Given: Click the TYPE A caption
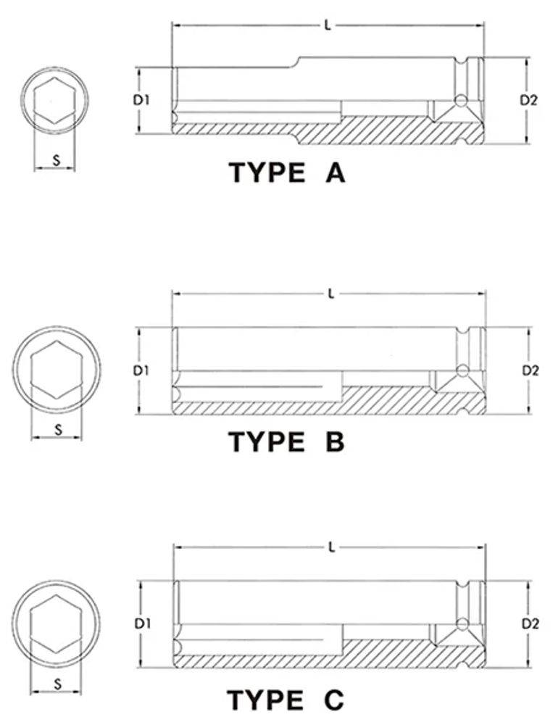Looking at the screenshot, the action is coord(287,173).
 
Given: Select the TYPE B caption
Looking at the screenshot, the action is coord(287,442).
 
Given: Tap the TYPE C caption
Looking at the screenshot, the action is coord(286,700).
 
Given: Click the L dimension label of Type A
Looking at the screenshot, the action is coord(328,26).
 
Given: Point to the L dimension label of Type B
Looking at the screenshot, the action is coord(330,294).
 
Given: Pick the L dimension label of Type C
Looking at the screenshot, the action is coord(331,548).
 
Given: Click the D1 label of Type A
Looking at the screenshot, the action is coord(141,99).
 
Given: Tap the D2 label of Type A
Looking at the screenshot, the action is coord(529,100).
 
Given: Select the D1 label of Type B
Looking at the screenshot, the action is coord(141,370).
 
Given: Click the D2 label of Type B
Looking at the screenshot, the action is coord(531,370).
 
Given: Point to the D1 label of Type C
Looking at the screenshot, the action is coord(142,623).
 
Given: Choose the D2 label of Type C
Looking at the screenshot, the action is coord(531,623).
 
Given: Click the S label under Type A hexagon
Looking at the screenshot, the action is coord(57,160).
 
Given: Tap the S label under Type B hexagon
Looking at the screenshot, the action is coord(58,429).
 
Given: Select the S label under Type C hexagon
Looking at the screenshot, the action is coord(57,684).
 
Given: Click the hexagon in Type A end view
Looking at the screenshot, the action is coord(34,101).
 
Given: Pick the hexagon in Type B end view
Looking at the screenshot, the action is coord(30,370).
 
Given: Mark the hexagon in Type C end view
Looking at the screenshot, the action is coord(30,623).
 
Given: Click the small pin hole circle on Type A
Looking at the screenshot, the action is coord(460,100).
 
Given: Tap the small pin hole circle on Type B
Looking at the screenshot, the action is coord(462,370).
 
